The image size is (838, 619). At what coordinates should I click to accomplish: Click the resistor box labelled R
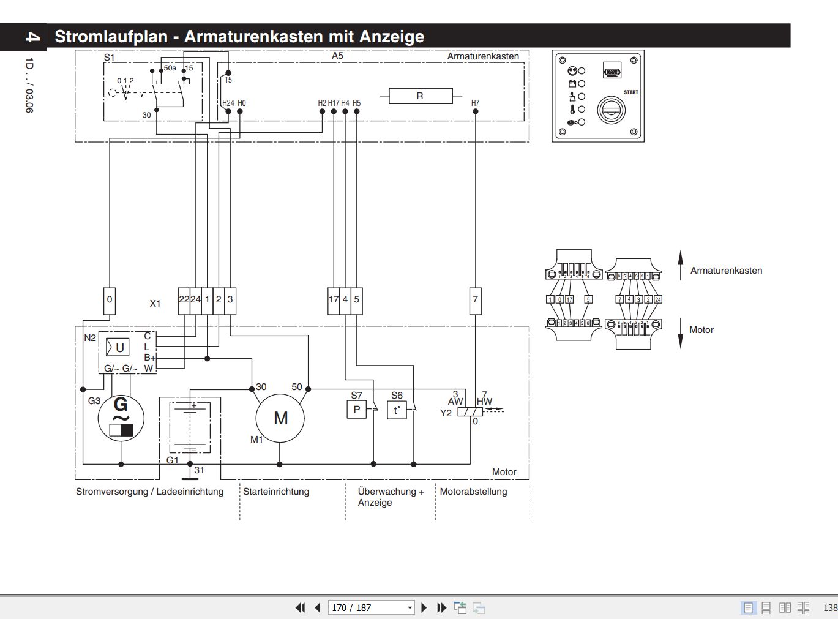420,96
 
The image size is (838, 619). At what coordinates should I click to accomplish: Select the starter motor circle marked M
280,418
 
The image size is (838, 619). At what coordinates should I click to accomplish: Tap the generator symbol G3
121,418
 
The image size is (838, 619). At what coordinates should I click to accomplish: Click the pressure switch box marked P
356,410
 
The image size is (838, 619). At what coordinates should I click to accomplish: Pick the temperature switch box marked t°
397,410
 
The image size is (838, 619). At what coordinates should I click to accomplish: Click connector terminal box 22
184,300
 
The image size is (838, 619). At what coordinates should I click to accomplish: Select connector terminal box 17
334,300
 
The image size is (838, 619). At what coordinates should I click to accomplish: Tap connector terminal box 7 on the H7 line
475,300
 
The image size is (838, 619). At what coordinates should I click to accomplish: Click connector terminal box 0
110,300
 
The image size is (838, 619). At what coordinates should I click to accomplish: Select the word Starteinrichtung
276,492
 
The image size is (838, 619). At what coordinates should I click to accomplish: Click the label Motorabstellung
473,492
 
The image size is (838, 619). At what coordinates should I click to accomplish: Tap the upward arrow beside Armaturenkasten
680,265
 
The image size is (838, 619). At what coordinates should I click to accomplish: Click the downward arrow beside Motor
680,334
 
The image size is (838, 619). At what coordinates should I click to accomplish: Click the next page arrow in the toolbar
424,608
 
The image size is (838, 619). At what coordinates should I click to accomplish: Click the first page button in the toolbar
300,608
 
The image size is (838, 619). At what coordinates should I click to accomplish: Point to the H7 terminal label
476,103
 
